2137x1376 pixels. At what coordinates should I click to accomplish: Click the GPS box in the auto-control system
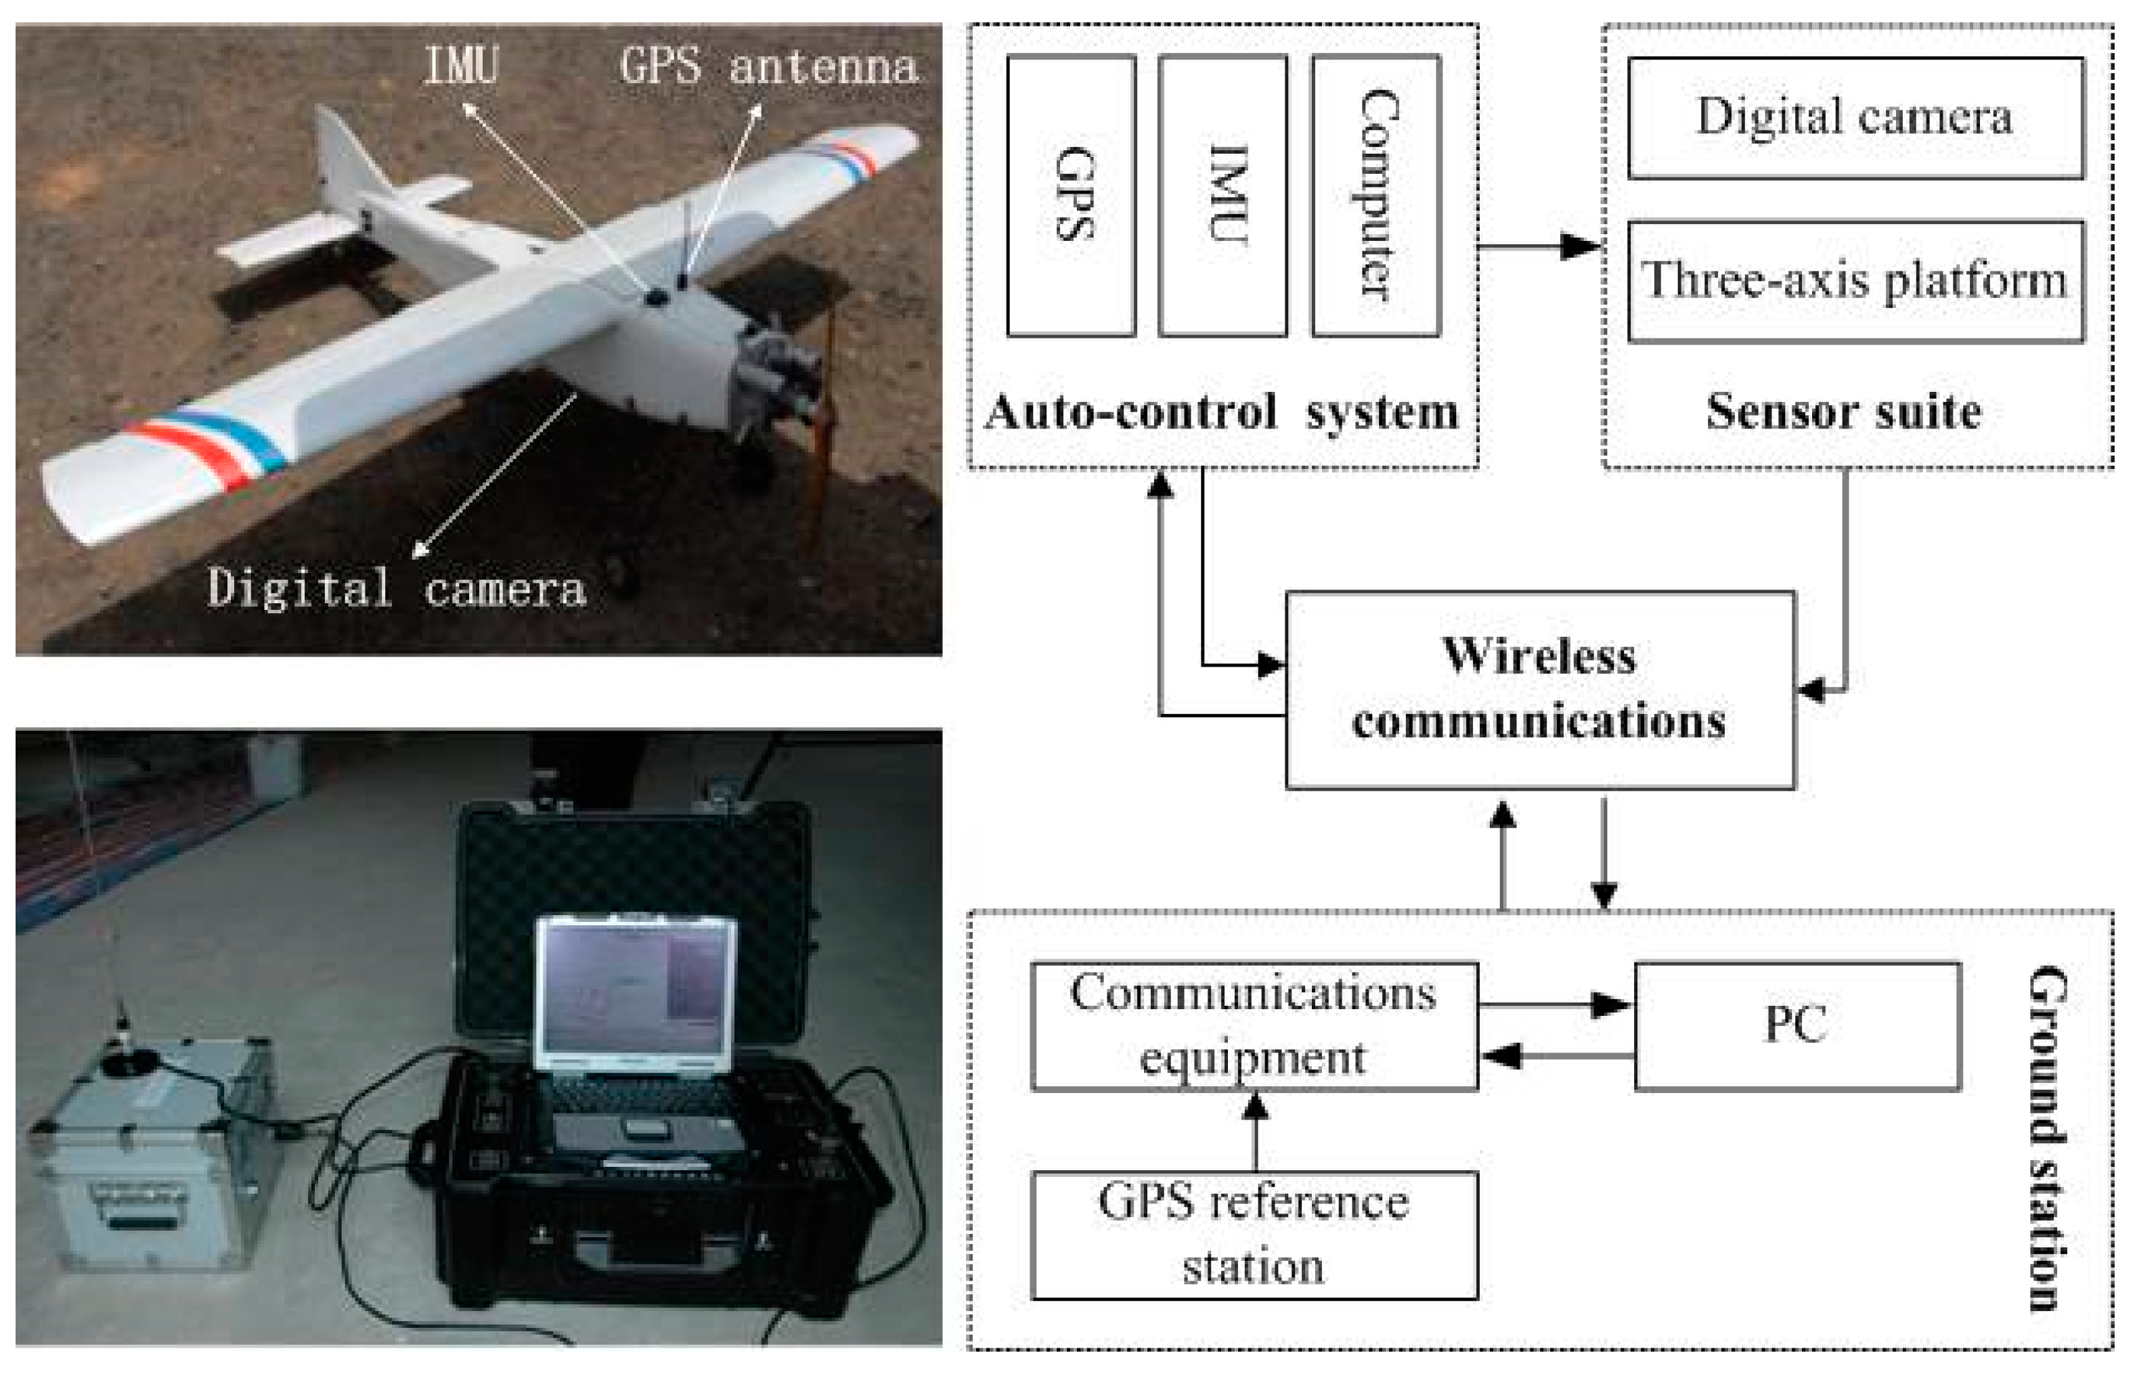[1071, 196]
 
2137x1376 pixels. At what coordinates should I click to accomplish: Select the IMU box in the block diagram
[1223, 196]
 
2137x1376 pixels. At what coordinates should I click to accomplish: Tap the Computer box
[1376, 196]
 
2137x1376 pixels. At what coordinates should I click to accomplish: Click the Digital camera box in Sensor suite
[1855, 118]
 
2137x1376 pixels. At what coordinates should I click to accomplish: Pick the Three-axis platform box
[1855, 281]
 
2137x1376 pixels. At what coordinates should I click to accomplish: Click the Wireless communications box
[1539, 689]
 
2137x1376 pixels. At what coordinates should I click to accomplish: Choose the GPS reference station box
[1254, 1235]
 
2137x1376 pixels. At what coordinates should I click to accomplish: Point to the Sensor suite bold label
[1844, 412]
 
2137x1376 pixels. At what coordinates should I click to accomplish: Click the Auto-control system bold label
[1220, 412]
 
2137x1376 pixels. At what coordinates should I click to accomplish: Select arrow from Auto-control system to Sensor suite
[1539, 246]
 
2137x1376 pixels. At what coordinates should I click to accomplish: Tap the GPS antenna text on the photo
[768, 67]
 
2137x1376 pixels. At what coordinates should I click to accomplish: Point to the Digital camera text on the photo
[397, 588]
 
